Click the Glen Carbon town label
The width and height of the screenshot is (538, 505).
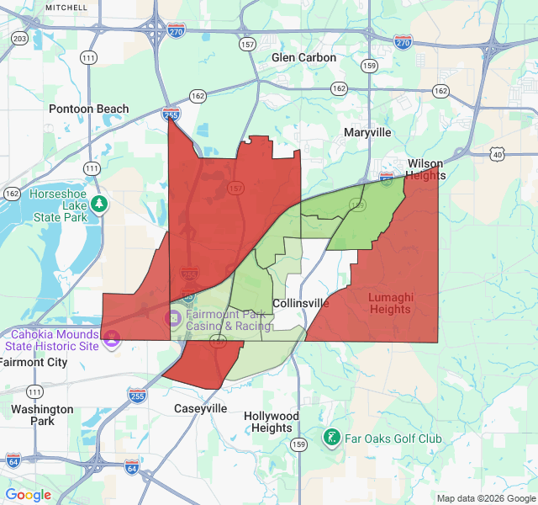pos(303,58)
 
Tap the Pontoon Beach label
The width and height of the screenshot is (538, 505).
pos(89,109)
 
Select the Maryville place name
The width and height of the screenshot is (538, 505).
pos(367,133)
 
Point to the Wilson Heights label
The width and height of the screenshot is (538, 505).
pos(425,169)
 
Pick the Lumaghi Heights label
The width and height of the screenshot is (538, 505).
pos(390,303)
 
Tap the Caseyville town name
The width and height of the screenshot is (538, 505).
pos(200,408)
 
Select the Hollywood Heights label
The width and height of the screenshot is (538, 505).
pos(271,422)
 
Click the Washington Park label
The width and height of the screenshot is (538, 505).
pos(42,415)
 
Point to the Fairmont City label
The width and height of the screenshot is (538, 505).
pos(34,363)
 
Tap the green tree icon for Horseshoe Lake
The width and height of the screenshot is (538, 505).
pos(100,204)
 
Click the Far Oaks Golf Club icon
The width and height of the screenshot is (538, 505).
pos(332,438)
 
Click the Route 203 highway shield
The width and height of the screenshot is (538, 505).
pos(19,39)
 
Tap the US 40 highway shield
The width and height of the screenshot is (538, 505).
pos(498,154)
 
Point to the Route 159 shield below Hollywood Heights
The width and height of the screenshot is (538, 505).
pos(298,444)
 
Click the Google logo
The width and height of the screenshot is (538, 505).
pos(29,495)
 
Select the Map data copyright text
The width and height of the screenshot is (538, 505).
pos(485,498)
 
